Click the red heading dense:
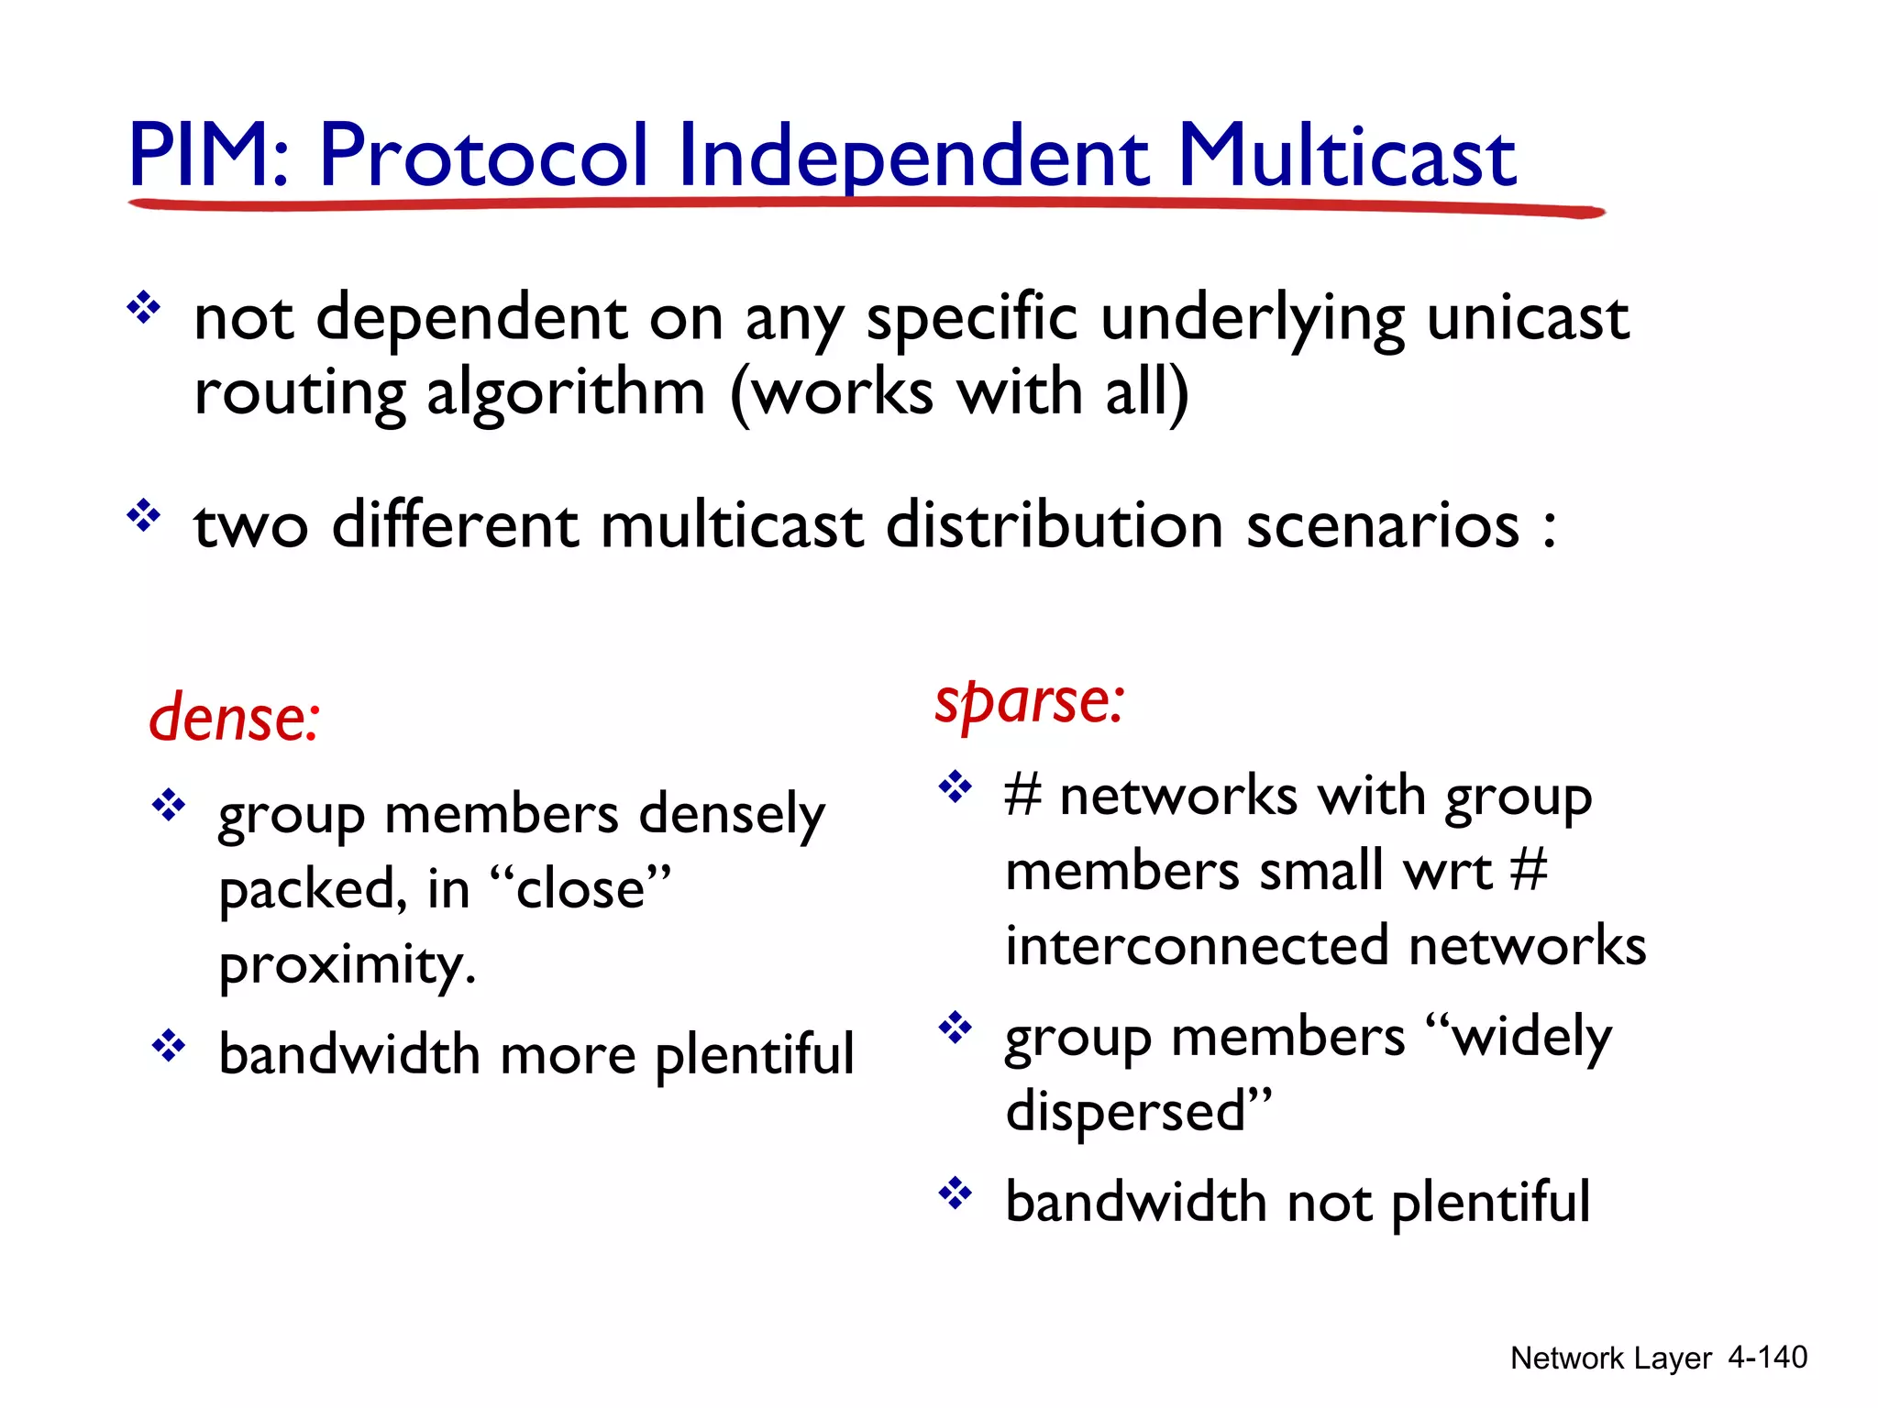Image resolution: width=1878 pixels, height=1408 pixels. tap(235, 717)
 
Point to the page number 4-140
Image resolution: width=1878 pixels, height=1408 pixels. tap(1767, 1357)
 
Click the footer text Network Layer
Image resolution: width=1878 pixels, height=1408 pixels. tap(1610, 1358)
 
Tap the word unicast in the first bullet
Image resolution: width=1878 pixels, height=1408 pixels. tap(1527, 318)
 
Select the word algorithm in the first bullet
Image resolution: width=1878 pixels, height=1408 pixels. tap(566, 393)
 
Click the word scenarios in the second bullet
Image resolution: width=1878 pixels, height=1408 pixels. tap(1383, 525)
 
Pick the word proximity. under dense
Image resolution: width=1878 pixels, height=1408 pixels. tap(348, 965)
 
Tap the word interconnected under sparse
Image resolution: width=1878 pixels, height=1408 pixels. tap(1197, 945)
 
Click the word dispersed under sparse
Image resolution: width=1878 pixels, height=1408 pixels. tap(1126, 1111)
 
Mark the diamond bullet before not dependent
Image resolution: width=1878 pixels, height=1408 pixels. tap(144, 307)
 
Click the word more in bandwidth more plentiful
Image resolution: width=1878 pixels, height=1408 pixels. tap(568, 1055)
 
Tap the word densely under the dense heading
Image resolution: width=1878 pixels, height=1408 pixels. tap(731, 814)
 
